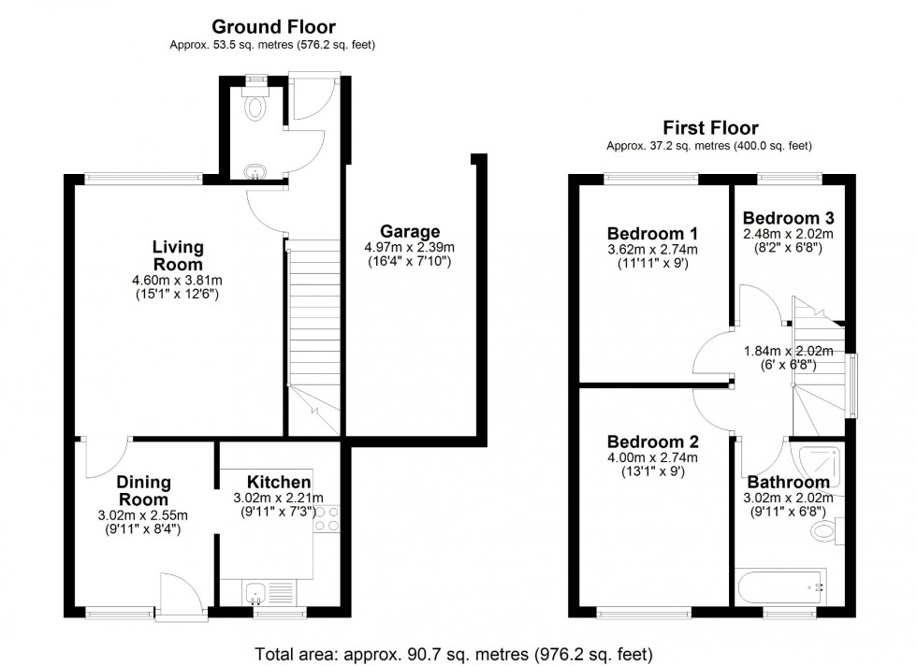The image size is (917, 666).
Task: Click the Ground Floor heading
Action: coord(273,27)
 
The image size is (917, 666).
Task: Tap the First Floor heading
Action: coord(710,128)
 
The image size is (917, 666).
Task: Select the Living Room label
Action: coord(178,255)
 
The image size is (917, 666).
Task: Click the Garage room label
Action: coord(409,231)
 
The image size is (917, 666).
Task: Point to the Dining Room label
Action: coord(143,490)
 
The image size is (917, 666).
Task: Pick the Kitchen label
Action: coord(280,482)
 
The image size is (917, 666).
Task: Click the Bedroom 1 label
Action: coord(652,233)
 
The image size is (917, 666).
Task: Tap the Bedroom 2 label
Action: coord(652,442)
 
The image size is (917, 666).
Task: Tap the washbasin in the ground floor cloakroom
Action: coord(254,171)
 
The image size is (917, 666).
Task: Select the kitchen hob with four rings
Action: coord(327,519)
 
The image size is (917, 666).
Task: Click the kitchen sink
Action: coord(269,591)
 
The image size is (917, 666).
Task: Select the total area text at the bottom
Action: coord(454,653)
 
